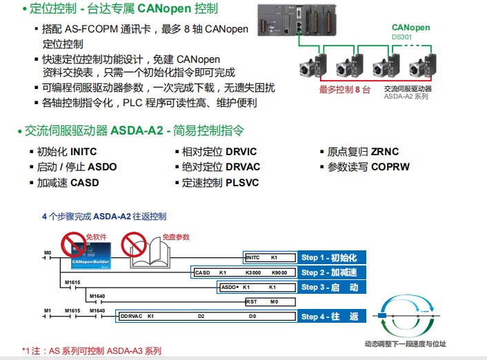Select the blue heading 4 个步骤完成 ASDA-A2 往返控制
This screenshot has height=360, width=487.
tap(103, 217)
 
